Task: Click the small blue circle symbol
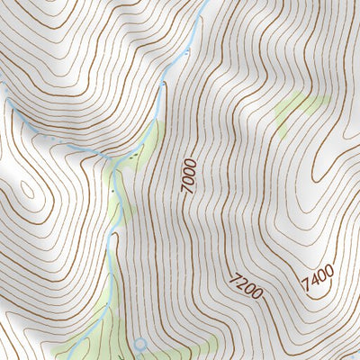coord(139,343)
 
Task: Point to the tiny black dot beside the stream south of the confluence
coord(115,192)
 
